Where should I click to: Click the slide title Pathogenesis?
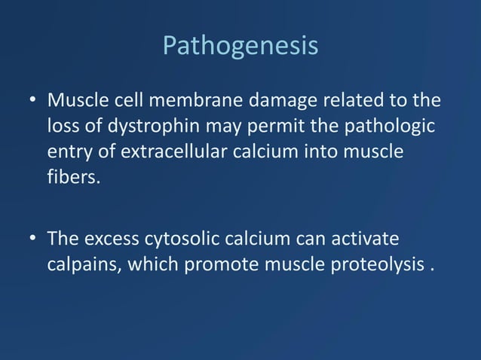click(240, 46)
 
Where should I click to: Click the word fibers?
click(73, 178)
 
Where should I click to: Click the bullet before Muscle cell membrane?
click(33, 101)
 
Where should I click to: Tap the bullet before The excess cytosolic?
click(33, 239)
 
